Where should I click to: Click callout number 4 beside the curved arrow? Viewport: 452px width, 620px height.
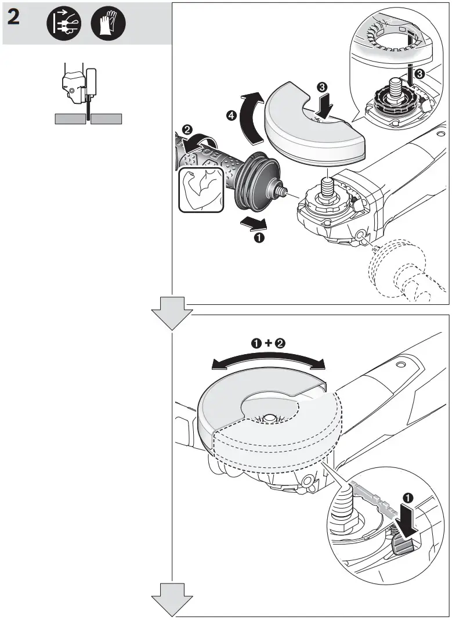coord(231,116)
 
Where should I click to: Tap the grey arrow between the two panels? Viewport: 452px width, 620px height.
coord(171,312)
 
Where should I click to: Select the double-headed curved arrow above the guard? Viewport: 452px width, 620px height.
coord(267,361)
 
